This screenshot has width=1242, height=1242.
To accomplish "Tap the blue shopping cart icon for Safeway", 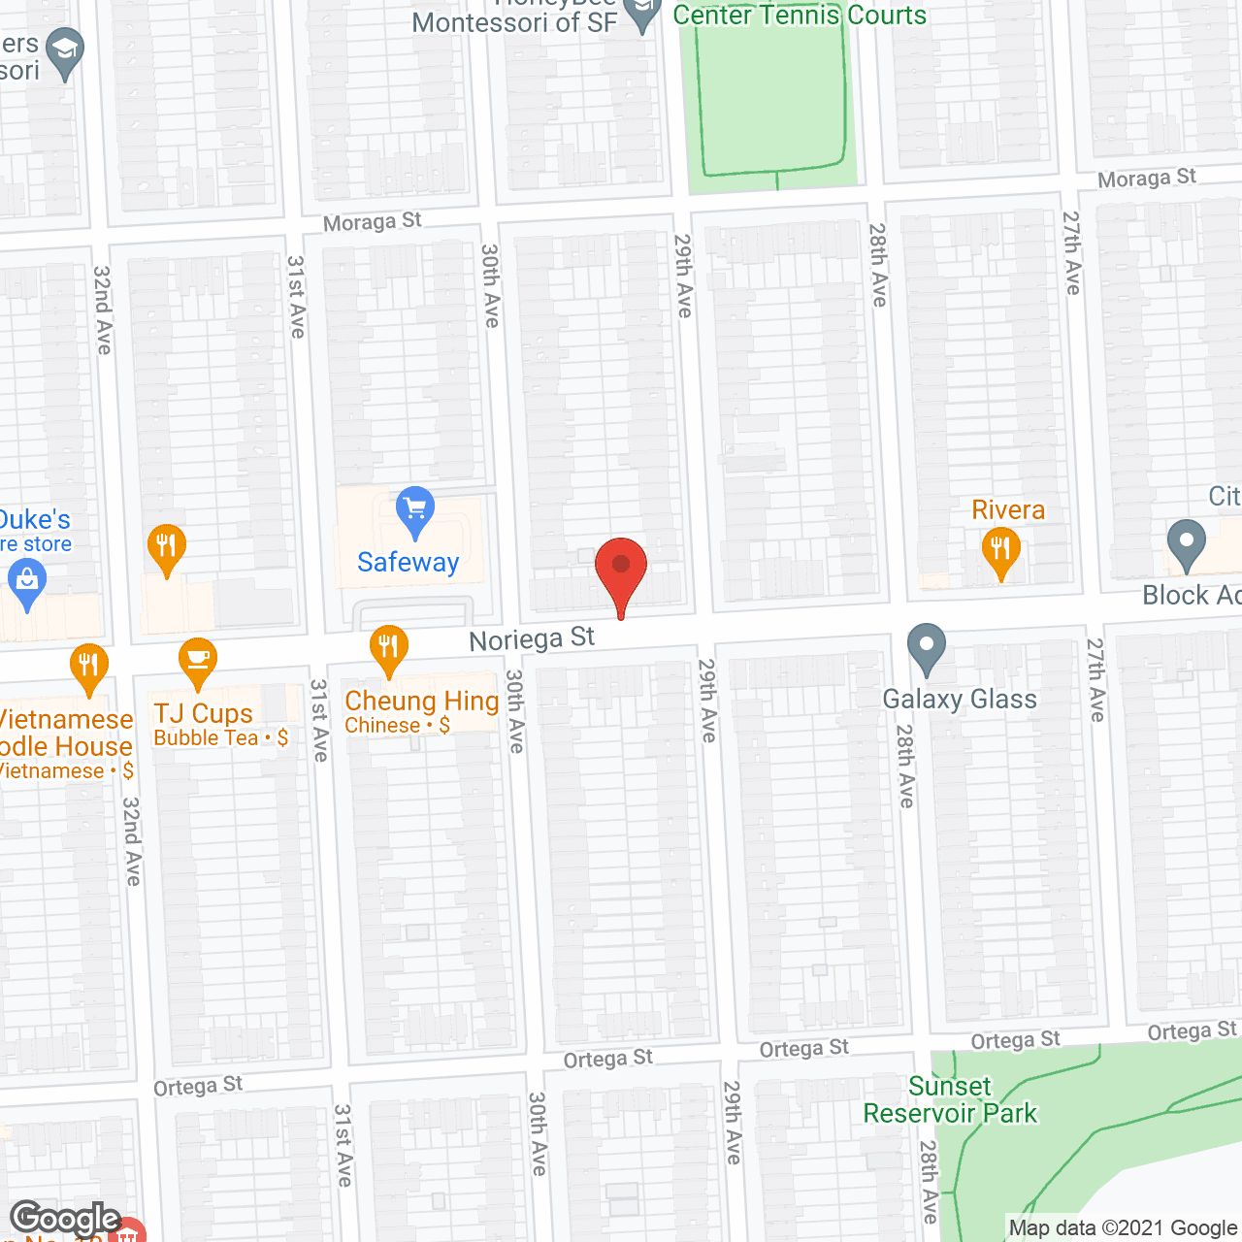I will (x=415, y=510).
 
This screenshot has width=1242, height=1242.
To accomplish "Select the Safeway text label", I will (x=408, y=563).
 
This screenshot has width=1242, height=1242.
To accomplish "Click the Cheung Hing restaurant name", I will (x=421, y=701).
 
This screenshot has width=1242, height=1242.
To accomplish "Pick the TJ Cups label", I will (x=203, y=713).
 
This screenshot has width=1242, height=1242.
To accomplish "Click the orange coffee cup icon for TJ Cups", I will (x=198, y=661).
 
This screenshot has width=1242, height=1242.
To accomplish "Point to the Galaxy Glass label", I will (x=959, y=699).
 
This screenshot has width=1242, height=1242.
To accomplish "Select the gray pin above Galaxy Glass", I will (x=927, y=647).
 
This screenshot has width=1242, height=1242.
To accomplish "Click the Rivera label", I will (x=1008, y=510).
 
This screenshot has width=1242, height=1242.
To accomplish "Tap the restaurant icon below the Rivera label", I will (x=1000, y=551).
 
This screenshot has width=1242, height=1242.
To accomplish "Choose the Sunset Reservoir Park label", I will (x=950, y=1099).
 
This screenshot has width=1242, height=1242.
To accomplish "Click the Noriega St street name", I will (x=532, y=639).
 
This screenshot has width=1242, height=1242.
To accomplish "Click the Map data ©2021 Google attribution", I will (x=1123, y=1228).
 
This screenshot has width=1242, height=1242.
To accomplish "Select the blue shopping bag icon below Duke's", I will (x=27, y=583).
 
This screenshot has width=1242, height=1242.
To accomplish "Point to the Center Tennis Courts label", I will (x=800, y=16).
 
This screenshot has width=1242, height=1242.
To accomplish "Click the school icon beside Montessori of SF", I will (x=641, y=15).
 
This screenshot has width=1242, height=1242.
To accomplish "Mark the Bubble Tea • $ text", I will (x=220, y=738).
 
